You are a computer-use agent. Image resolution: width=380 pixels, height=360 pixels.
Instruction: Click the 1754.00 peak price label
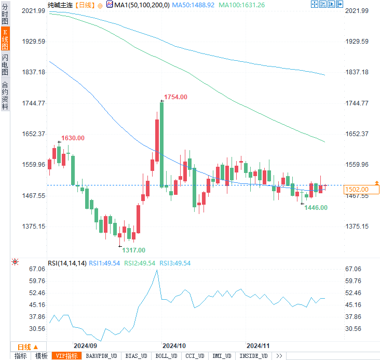[175, 97]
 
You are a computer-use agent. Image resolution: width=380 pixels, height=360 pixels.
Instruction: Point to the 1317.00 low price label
[133, 250]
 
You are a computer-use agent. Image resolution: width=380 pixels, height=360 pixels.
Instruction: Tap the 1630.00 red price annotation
[73, 138]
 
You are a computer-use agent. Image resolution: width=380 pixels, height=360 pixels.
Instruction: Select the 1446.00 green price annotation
[316, 208]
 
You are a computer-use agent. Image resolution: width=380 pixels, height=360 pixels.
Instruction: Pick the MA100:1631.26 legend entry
[242, 5]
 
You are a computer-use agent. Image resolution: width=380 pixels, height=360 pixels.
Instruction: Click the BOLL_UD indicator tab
[166, 356]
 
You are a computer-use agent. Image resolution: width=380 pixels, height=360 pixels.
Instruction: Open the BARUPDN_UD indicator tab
[101, 356]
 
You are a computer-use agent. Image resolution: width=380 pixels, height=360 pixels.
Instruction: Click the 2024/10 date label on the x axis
[174, 345]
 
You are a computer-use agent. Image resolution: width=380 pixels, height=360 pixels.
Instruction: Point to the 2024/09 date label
[85, 345]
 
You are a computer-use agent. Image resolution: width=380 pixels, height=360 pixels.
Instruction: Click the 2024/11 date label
[258, 345]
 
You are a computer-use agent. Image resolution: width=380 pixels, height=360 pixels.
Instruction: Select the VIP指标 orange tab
[67, 356]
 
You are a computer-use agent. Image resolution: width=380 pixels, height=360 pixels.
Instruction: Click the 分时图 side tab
[5, 16]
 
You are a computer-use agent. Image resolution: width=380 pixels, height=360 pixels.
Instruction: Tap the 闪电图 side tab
[5, 65]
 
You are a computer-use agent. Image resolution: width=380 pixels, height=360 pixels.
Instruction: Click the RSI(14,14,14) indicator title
[67, 263]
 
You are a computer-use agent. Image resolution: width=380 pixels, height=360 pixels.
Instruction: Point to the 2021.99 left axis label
[35, 11]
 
